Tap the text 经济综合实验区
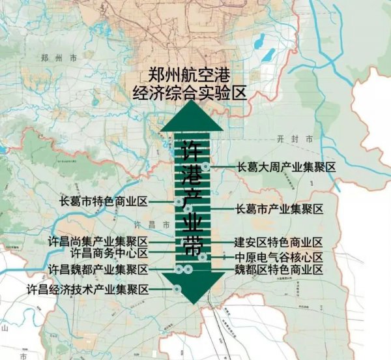click(x=190, y=93)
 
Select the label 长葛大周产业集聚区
click(x=287, y=168)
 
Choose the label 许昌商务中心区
click(x=109, y=253)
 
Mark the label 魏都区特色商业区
click(x=279, y=269)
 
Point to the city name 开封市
click(x=300, y=140)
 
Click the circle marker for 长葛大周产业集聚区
click(x=206, y=167)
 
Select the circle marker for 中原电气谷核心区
click(x=203, y=257)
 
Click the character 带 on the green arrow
click(x=192, y=247)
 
